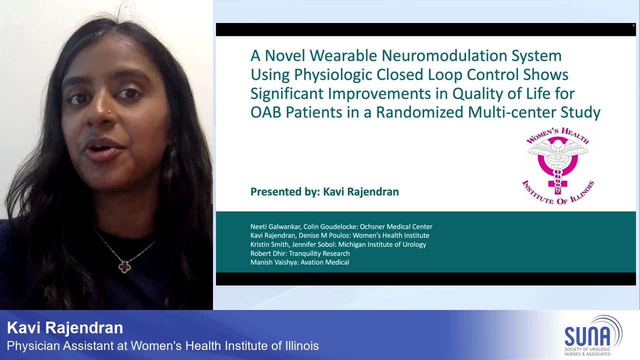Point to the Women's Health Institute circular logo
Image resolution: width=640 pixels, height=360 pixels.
point(557,165)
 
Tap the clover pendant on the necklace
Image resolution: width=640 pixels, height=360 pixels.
point(124,266)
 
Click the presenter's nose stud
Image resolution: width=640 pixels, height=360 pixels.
point(109,111)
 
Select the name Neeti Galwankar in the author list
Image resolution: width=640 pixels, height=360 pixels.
point(275,226)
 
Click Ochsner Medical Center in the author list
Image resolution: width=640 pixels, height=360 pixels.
point(396,226)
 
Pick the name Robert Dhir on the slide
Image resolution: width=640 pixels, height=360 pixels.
point(268,253)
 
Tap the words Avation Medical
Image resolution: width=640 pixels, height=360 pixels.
point(324,262)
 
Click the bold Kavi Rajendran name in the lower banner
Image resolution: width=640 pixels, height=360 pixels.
point(65,327)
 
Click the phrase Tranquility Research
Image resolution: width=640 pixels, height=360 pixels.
point(319,253)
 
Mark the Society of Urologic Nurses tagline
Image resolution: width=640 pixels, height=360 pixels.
point(587,351)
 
